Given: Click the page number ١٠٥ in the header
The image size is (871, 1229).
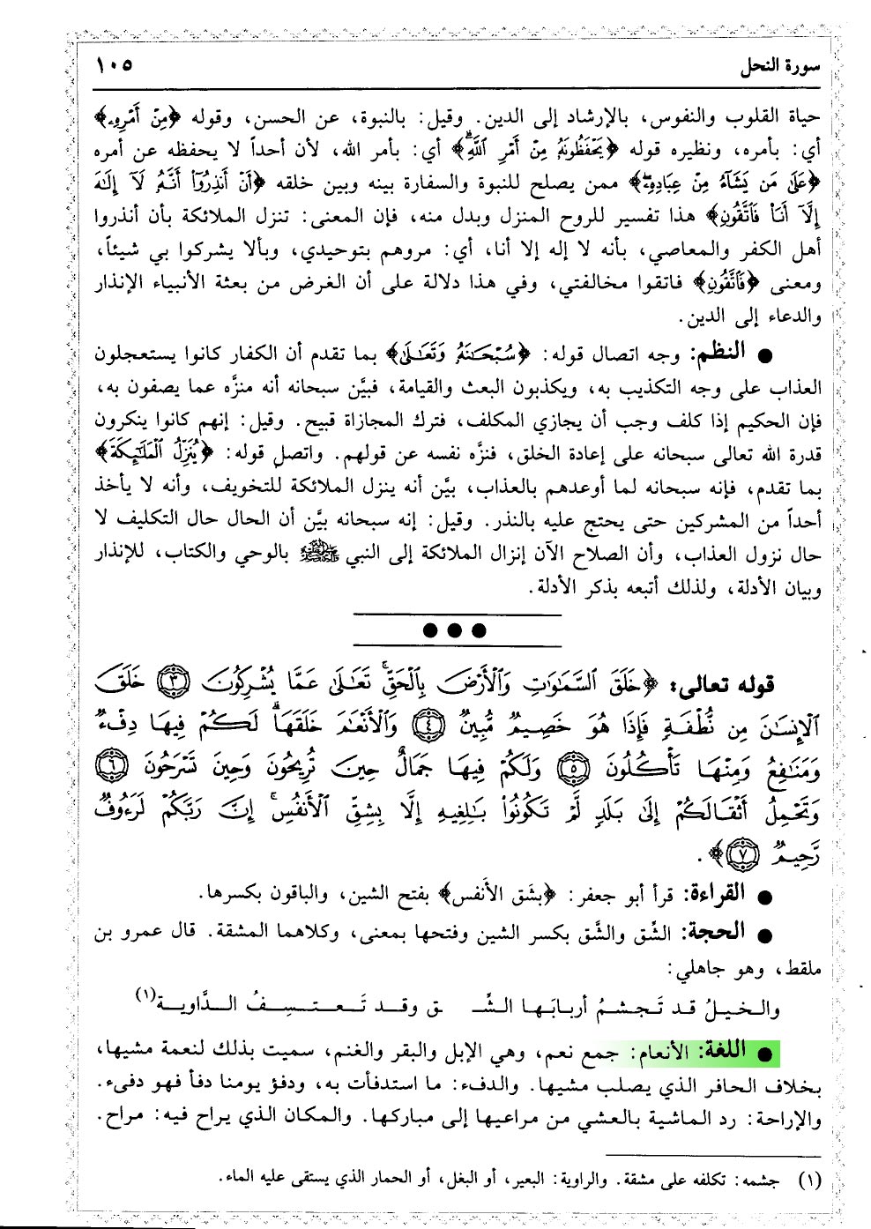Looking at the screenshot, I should click(x=110, y=64).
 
